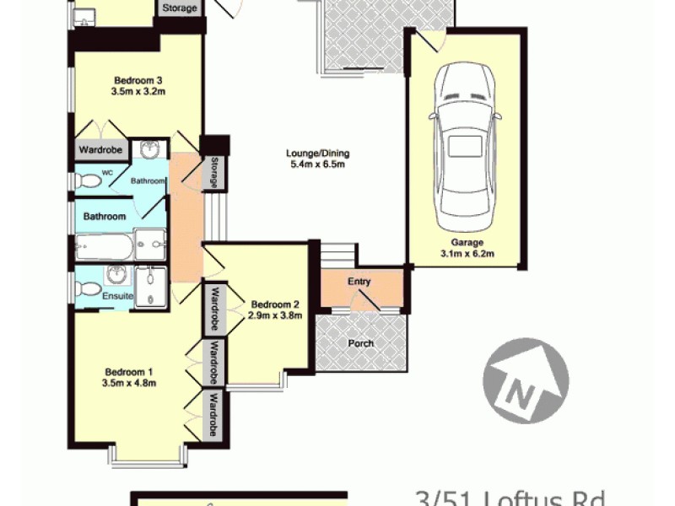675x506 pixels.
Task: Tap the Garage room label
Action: (x=462, y=241)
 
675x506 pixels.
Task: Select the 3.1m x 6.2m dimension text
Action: (x=462, y=252)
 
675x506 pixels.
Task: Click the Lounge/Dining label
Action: (x=317, y=153)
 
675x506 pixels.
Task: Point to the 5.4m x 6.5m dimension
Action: (x=317, y=164)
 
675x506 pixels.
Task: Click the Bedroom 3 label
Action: (x=136, y=81)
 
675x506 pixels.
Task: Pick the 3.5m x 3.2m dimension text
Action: (x=136, y=92)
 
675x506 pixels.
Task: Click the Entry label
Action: (x=359, y=282)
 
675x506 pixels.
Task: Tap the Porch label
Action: (x=360, y=343)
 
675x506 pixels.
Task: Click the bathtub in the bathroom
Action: (x=104, y=248)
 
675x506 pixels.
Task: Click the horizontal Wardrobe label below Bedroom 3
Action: (x=100, y=151)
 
